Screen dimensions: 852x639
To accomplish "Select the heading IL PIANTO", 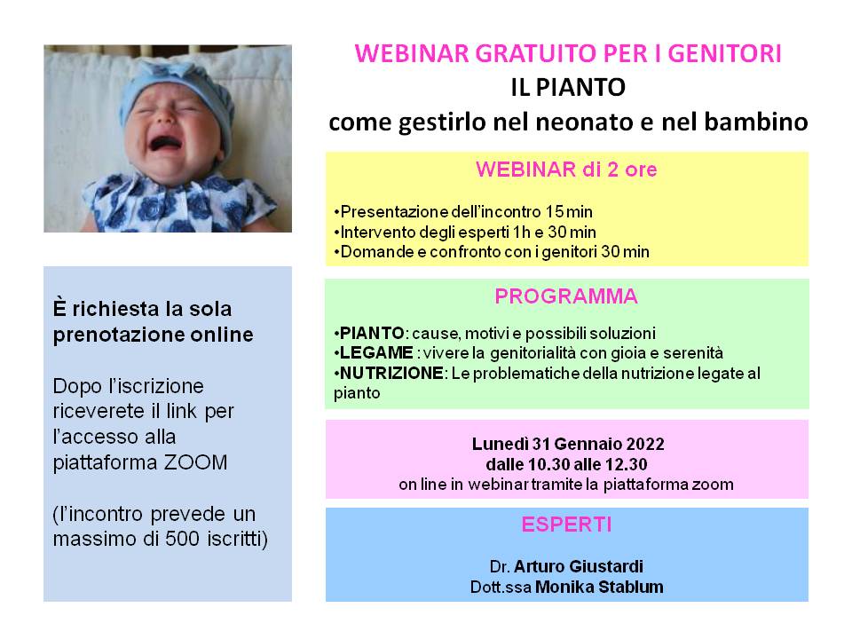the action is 568,88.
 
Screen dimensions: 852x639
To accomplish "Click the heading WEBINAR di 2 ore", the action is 566,170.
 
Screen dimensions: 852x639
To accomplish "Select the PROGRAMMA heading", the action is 566,296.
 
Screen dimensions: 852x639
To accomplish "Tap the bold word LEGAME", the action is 376,352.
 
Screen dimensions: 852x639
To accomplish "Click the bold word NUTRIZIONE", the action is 391,374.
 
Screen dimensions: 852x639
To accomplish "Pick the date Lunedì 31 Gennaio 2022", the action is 568,444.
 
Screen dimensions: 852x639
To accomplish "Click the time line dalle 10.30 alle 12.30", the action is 566,464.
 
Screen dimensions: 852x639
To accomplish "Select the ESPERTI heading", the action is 566,525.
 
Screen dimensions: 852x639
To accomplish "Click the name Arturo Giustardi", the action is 578,566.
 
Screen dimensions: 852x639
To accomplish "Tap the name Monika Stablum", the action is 599,587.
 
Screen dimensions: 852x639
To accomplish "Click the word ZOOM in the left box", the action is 195,462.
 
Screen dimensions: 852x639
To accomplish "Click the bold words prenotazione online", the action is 153,335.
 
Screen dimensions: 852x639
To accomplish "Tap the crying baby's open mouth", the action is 165,144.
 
